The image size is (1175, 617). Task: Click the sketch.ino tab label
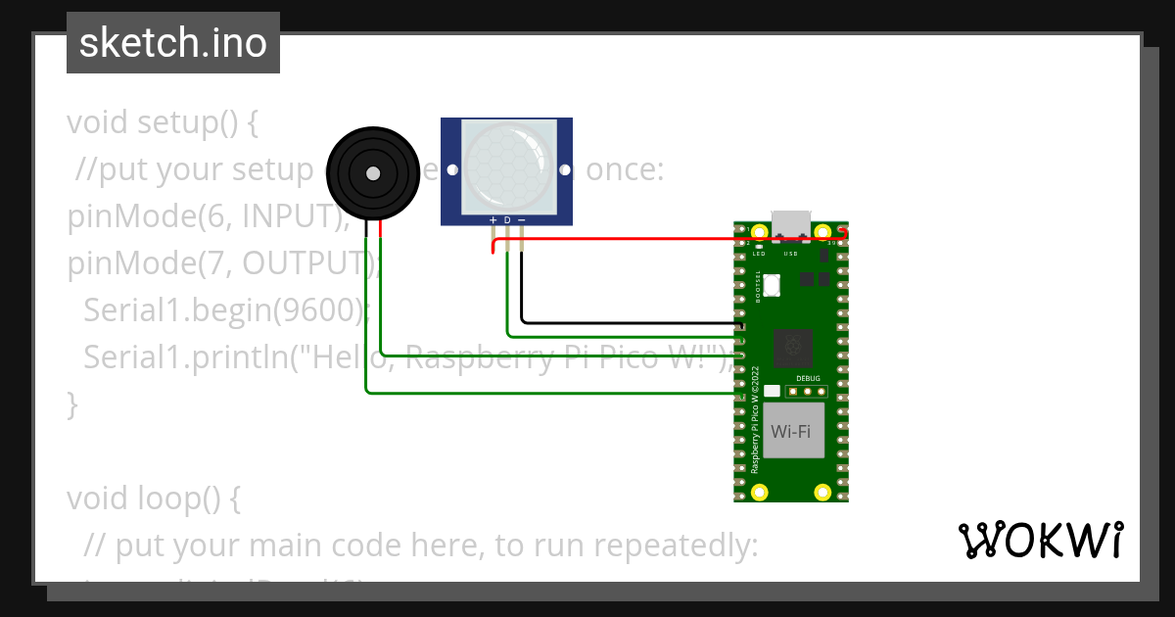click(173, 43)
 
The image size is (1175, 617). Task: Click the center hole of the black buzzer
click(372, 173)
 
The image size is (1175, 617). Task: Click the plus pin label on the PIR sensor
click(493, 220)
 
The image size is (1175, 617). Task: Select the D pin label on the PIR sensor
click(507, 220)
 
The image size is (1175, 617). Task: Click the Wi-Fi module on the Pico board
click(791, 432)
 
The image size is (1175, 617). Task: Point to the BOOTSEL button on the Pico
click(772, 286)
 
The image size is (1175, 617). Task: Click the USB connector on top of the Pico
click(791, 224)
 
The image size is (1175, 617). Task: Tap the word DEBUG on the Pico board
click(808, 379)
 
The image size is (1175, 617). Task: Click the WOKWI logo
click(1040, 541)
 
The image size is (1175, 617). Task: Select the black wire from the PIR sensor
click(627, 321)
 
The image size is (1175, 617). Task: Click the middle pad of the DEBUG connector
click(808, 392)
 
